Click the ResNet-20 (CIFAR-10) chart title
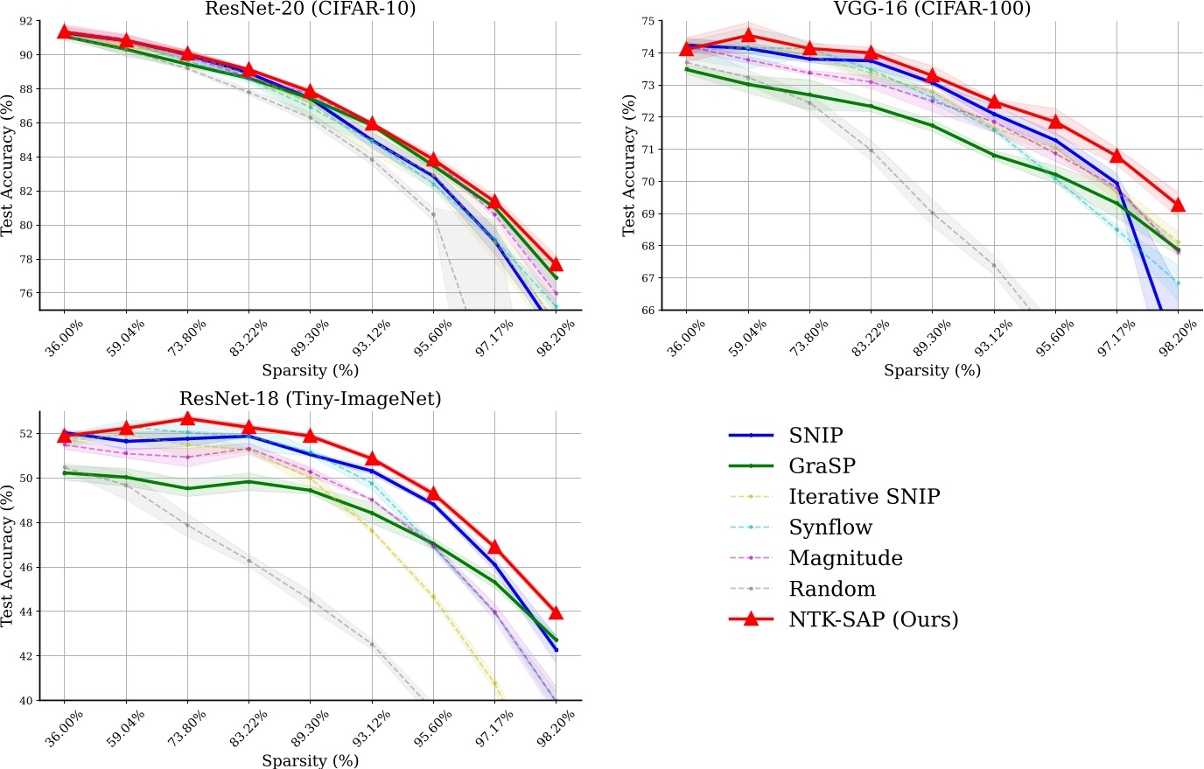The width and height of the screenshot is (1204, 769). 311,9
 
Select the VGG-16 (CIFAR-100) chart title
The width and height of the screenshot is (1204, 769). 932,9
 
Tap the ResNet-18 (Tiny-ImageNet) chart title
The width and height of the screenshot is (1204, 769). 311,399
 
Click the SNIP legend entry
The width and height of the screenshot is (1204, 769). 815,435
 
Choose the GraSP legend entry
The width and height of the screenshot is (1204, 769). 822,465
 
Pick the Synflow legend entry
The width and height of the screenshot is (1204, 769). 830,527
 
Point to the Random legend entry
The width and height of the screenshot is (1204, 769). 831,589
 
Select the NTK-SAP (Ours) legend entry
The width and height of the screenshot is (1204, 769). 873,619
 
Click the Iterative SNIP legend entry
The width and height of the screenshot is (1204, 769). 864,496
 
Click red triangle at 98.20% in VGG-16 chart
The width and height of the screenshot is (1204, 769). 1178,205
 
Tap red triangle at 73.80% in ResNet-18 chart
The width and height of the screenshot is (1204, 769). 187,418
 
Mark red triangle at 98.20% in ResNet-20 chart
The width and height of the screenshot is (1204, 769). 556,264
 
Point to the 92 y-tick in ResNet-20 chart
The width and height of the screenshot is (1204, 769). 24,20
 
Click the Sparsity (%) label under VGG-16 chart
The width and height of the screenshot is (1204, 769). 932,370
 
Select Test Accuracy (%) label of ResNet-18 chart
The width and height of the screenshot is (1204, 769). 8,556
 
